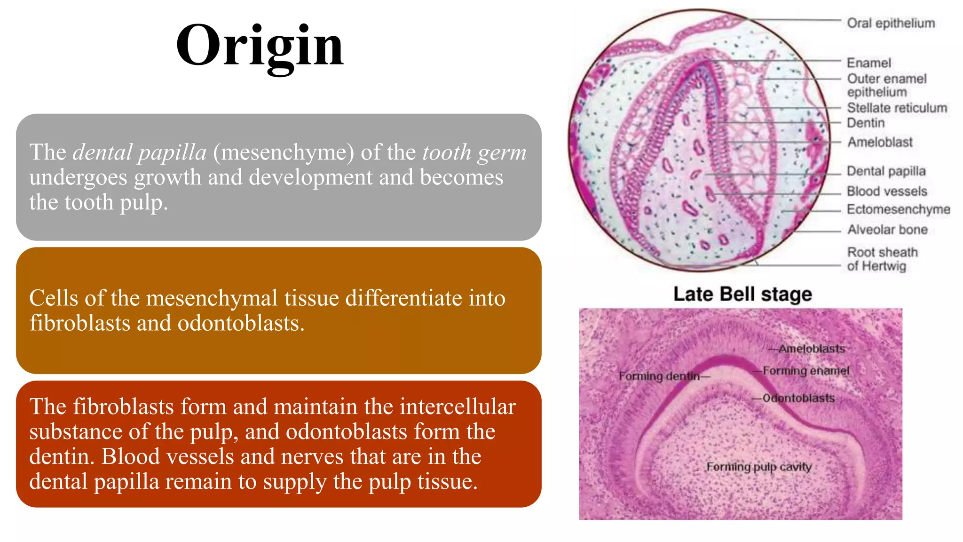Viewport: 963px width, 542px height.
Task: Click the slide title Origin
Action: tap(260, 46)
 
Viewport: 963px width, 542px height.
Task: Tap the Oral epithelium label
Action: tap(891, 23)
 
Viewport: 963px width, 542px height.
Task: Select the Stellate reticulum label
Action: tap(897, 108)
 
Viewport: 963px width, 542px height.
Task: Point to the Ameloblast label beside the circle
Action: tap(880, 142)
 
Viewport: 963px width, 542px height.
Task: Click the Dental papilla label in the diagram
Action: tap(886, 171)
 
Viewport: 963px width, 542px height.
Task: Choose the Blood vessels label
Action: tap(887, 191)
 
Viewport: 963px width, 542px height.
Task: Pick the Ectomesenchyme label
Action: tap(898, 209)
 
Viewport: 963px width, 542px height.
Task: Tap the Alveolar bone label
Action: tap(887, 230)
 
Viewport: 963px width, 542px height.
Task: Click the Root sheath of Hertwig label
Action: tap(882, 259)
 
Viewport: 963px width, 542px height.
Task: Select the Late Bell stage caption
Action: tap(742, 294)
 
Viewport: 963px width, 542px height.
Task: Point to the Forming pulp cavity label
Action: tap(759, 467)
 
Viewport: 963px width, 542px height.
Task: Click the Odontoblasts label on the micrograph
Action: tap(798, 398)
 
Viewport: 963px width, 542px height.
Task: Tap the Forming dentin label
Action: tap(659, 376)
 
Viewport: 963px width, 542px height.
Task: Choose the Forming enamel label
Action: tap(805, 371)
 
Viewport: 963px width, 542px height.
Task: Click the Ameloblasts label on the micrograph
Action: tap(811, 349)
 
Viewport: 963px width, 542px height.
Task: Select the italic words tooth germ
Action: tap(474, 152)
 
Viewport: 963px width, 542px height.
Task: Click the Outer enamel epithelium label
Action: tap(886, 85)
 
